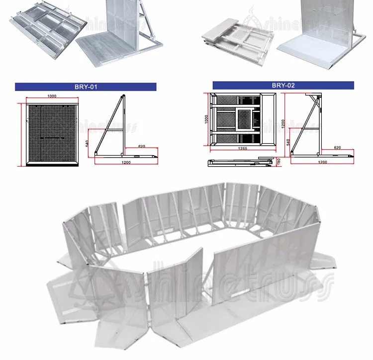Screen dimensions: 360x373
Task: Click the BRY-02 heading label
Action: pyautogui.click(x=283, y=86)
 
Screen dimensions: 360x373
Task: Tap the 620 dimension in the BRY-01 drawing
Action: pyautogui.click(x=142, y=147)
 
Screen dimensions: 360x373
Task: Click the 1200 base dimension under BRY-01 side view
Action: pyautogui.click(x=126, y=162)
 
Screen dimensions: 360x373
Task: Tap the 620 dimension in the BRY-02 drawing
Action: pyautogui.click(x=338, y=148)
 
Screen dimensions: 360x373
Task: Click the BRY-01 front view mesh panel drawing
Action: pyautogui.click(x=52, y=134)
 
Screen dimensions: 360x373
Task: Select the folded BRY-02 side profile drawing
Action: pyautogui.click(x=239, y=162)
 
